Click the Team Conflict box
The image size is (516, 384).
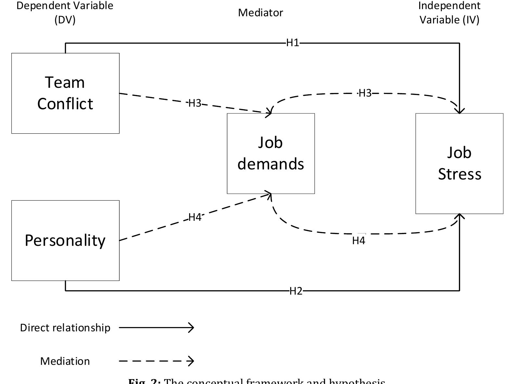[65, 93]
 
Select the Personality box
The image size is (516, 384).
[65, 240]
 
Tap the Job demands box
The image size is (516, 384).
[271, 153]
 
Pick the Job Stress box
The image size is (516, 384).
[459, 164]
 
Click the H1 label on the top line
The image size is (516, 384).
[292, 43]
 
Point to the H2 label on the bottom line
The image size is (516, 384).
[296, 291]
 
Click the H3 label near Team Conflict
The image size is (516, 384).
[195, 103]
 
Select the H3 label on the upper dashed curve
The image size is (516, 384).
[365, 93]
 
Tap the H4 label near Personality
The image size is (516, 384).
[195, 217]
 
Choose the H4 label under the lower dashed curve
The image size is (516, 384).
[358, 241]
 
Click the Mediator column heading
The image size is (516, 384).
[261, 13]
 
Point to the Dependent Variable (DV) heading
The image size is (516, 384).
[65, 12]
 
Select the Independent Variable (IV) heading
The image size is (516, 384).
[449, 12]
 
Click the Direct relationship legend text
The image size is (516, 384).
[65, 328]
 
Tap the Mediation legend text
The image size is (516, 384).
[65, 361]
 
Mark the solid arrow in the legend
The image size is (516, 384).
[156, 327]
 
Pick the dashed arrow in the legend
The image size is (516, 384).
[156, 361]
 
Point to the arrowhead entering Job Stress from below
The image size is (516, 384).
[459, 217]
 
